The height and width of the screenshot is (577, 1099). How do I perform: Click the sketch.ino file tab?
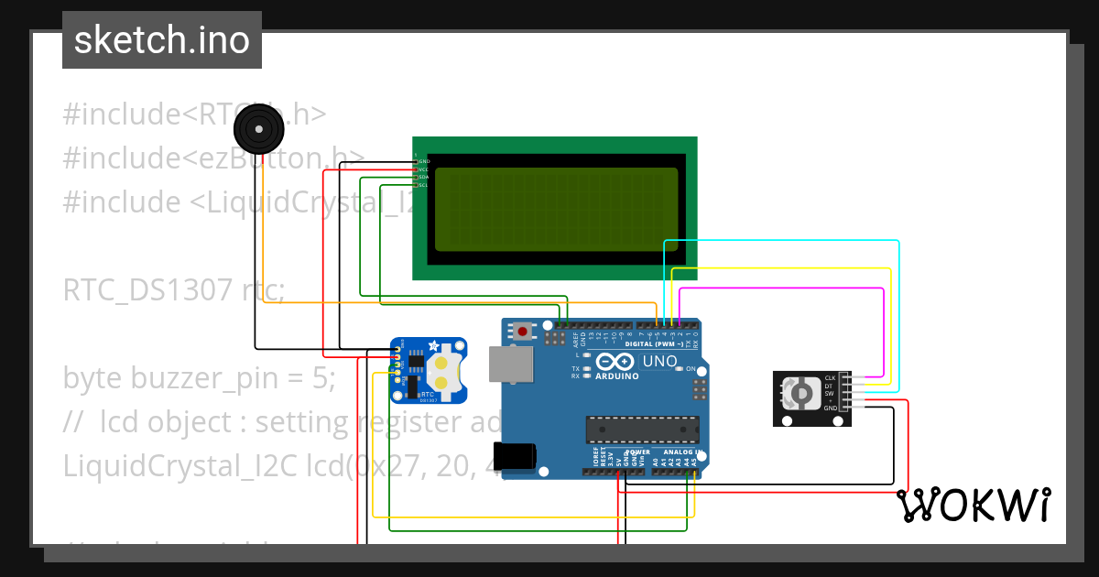tap(162, 40)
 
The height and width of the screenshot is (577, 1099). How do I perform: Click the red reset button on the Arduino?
tap(523, 331)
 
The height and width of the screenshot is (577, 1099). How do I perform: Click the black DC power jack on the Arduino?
tap(514, 456)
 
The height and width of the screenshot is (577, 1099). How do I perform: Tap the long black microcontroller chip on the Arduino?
tap(642, 430)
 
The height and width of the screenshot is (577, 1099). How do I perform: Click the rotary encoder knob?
tap(800, 396)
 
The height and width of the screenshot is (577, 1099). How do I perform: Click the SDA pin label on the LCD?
tap(423, 177)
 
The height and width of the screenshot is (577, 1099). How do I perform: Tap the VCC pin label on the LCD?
tap(423, 169)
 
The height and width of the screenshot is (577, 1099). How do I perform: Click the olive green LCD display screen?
tap(556, 210)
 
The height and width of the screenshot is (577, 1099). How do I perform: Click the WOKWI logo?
tap(974, 506)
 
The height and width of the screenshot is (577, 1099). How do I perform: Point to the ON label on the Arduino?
tap(691, 368)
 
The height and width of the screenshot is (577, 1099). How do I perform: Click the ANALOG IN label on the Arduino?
tap(678, 452)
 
